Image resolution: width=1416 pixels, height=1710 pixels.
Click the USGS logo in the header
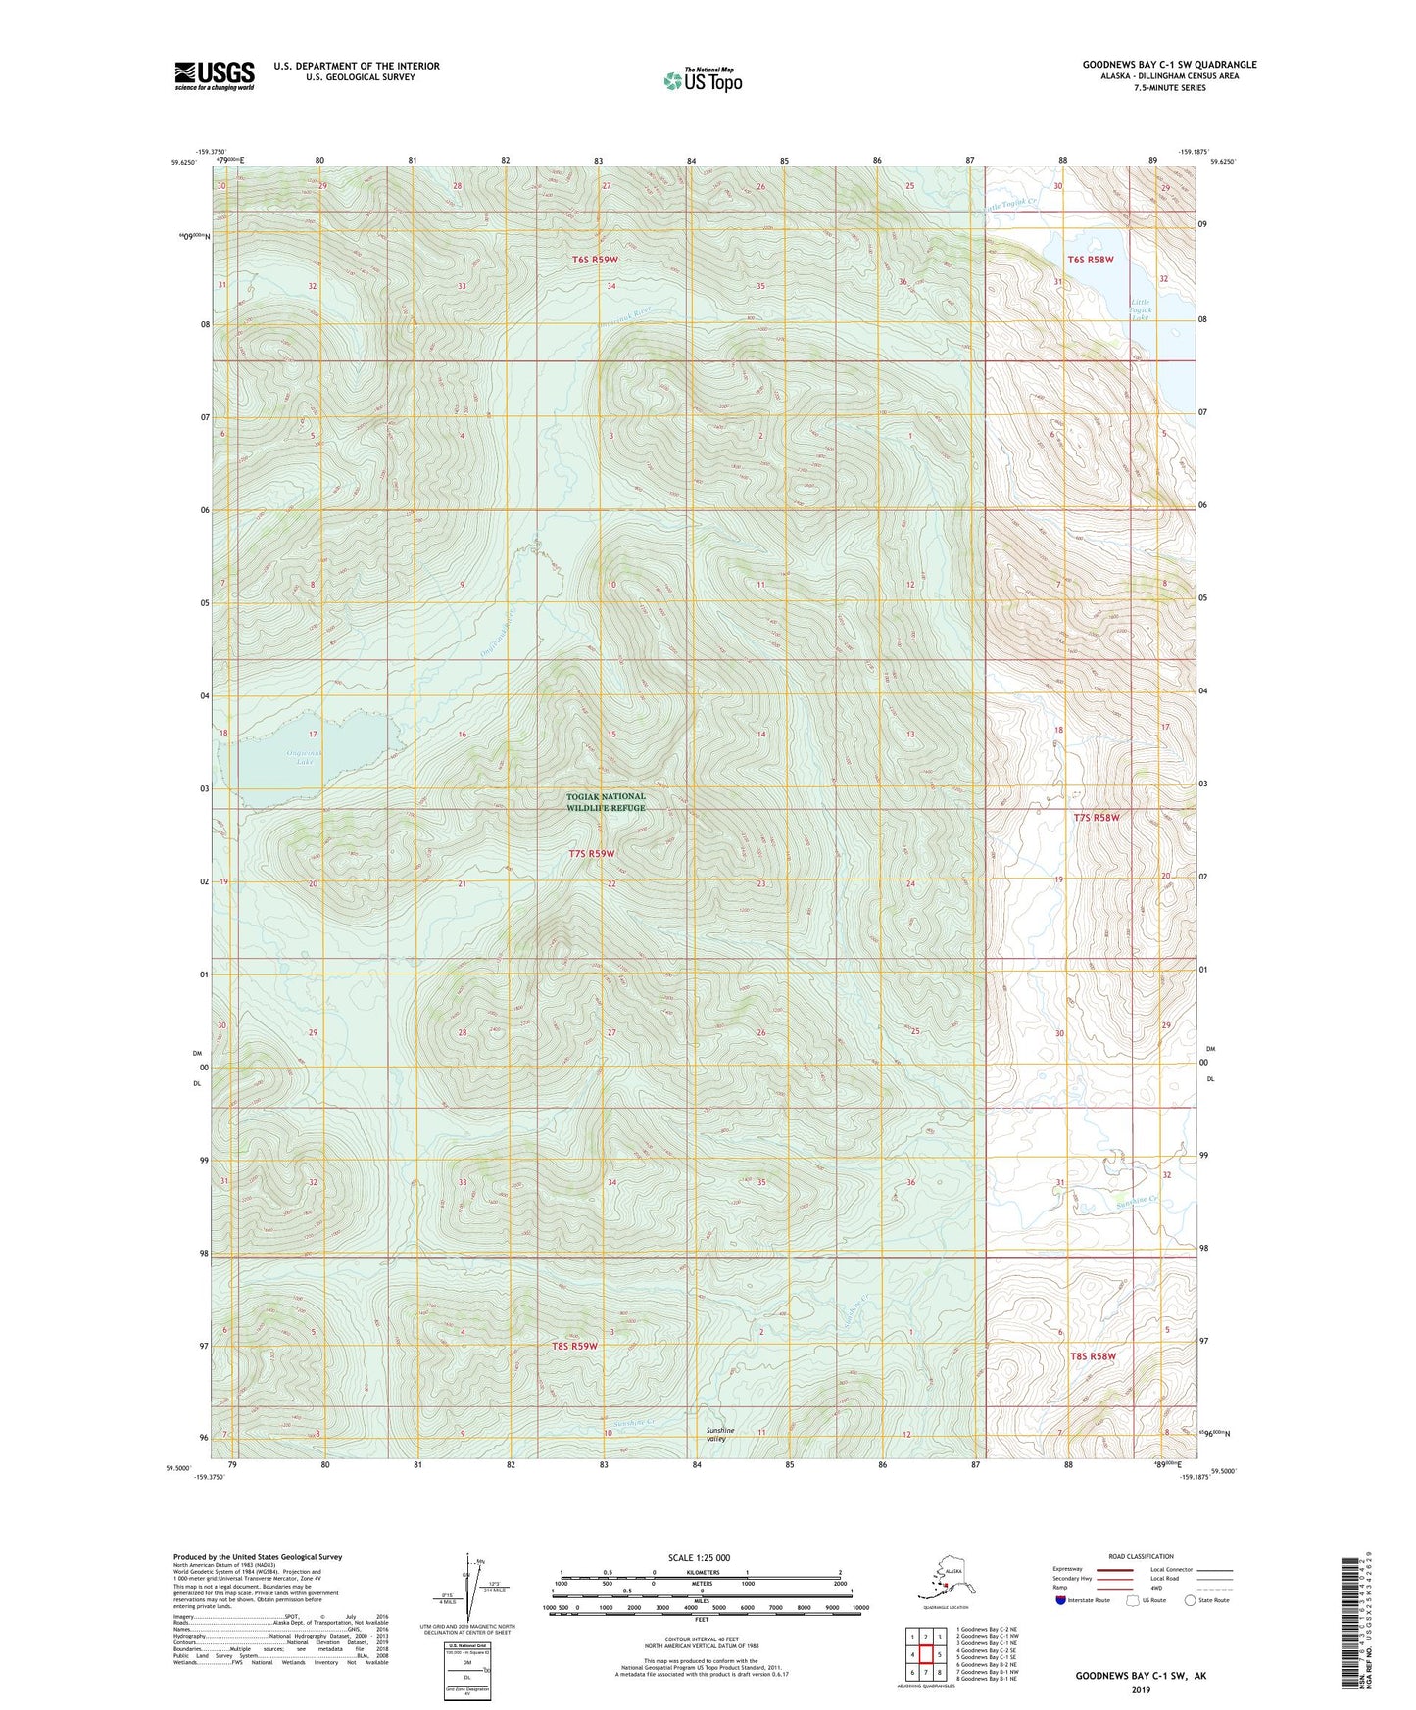pyautogui.click(x=215, y=75)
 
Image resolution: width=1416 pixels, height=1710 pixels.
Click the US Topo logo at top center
pyautogui.click(x=703, y=80)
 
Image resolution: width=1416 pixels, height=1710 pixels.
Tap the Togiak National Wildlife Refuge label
pyautogui.click(x=606, y=802)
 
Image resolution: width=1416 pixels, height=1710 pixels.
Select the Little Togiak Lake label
pyautogui.click(x=1141, y=309)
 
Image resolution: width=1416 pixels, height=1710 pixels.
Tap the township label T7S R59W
pyautogui.click(x=593, y=854)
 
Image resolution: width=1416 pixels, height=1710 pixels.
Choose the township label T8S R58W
pyautogui.click(x=1093, y=1356)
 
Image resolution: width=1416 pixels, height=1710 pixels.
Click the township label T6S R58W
pyautogui.click(x=1091, y=260)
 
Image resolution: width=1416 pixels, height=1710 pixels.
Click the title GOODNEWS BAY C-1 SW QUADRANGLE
pyautogui.click(x=1169, y=65)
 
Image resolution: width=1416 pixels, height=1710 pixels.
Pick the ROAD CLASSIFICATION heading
pyautogui.click(x=1141, y=1556)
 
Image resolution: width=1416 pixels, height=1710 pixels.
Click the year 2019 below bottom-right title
pyautogui.click(x=1141, y=1689)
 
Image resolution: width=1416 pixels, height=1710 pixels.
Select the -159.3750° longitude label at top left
pyautogui.click(x=211, y=151)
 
